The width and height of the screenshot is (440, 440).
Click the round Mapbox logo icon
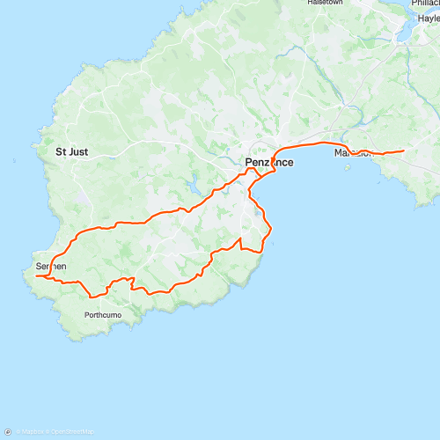point(8,432)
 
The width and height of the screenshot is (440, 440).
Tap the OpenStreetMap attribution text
point(70,432)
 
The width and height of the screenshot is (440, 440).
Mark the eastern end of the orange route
point(403,151)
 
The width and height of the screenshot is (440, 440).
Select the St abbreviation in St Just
point(62,151)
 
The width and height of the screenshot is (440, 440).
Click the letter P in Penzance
point(247,163)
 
